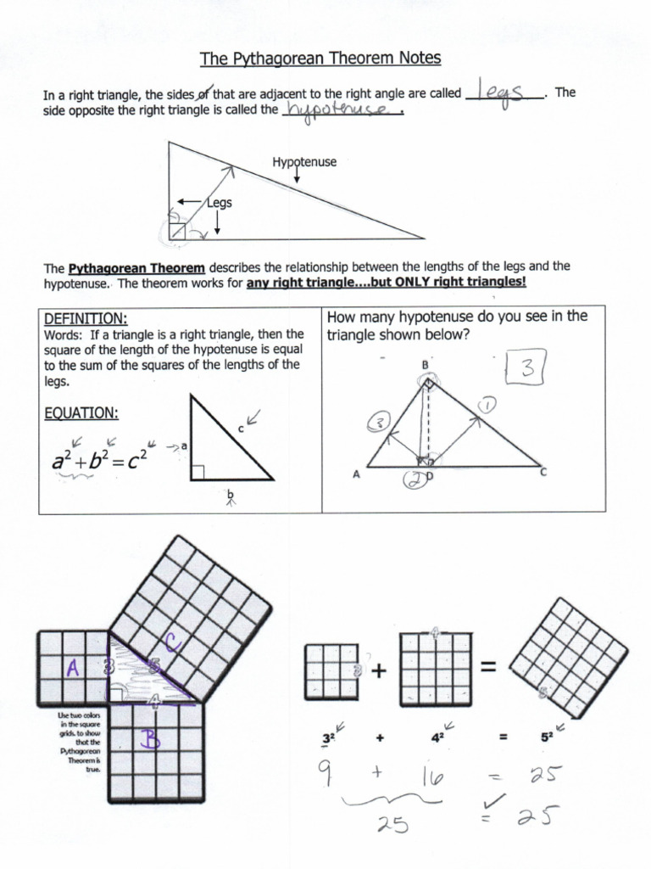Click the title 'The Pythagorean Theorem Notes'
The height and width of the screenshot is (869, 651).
point(320,59)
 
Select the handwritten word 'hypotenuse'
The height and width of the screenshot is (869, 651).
point(341,110)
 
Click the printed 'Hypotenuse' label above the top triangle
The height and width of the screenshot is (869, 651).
point(304,161)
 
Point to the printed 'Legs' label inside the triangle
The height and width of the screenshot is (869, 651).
point(220,203)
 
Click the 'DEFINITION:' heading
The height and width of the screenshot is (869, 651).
point(85,319)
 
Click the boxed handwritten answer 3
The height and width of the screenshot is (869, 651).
point(526,369)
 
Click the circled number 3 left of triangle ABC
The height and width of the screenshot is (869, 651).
point(378,423)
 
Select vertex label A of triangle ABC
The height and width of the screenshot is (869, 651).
point(357,475)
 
